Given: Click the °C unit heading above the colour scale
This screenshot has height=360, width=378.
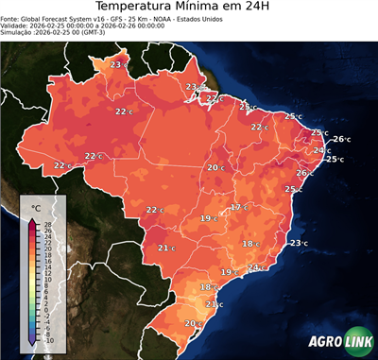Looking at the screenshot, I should [x=36, y=207].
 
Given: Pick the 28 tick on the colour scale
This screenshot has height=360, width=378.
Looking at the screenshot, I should [x=48, y=224].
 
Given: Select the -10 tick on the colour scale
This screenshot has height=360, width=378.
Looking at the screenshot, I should [x=49, y=340].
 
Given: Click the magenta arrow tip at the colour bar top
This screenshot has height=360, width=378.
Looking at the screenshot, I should [x=33, y=221].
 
